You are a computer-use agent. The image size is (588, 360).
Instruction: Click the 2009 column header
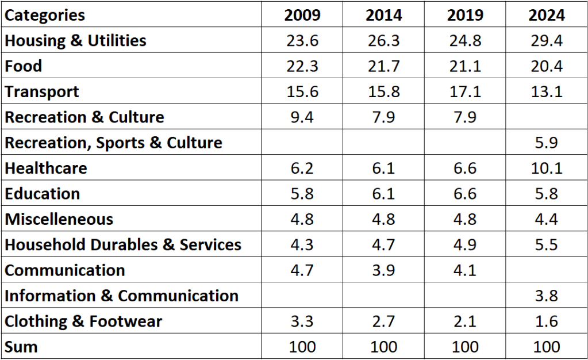(302, 15)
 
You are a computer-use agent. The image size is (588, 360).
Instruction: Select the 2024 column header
(546, 15)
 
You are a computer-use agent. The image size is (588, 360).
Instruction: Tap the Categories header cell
(45, 15)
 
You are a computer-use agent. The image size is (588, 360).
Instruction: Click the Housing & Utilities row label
(75, 41)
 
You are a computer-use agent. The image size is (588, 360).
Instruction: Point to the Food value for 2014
(383, 66)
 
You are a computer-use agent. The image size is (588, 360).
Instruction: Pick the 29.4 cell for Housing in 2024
(546, 41)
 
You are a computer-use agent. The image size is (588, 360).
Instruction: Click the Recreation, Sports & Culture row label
(113, 143)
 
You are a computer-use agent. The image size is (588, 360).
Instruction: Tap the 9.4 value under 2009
(302, 117)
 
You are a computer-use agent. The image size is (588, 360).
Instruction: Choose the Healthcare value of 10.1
(546, 168)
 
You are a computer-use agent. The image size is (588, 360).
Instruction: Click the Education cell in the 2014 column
(383, 194)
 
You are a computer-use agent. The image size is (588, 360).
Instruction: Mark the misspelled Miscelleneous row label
(59, 219)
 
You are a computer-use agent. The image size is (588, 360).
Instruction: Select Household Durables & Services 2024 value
(546, 244)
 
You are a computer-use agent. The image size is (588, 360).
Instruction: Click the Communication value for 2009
(302, 270)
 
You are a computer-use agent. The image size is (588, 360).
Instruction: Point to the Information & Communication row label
(121, 296)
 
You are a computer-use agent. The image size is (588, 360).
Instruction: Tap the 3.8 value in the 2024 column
(546, 296)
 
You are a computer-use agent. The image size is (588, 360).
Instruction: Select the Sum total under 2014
(383, 347)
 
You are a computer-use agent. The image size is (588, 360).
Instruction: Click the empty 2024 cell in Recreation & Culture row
(546, 117)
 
